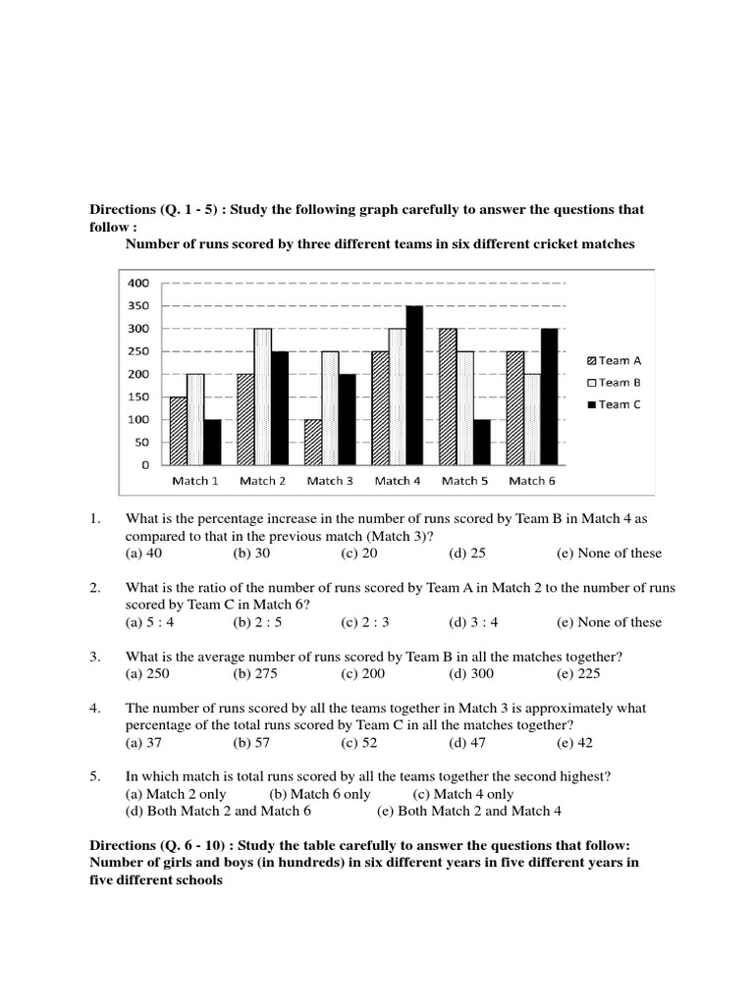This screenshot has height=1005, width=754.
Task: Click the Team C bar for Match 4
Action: tap(414, 385)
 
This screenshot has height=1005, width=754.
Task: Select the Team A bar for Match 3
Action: tap(311, 442)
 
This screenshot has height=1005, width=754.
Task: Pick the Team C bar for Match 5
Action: tap(481, 442)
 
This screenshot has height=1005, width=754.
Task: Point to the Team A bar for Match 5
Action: tap(447, 397)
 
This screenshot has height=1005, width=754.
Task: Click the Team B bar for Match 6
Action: tap(531, 419)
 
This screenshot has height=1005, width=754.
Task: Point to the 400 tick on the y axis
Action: tap(137, 283)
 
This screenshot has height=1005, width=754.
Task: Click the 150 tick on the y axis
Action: tap(137, 397)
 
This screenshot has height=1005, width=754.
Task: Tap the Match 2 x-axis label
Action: tap(262, 481)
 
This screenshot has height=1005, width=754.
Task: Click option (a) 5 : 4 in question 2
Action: tap(147, 622)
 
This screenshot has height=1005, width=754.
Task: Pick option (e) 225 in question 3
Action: tap(577, 674)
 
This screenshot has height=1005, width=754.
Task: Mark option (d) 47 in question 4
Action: tap(466, 743)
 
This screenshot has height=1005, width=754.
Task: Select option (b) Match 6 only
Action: tap(320, 794)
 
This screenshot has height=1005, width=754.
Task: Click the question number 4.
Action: tap(95, 708)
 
